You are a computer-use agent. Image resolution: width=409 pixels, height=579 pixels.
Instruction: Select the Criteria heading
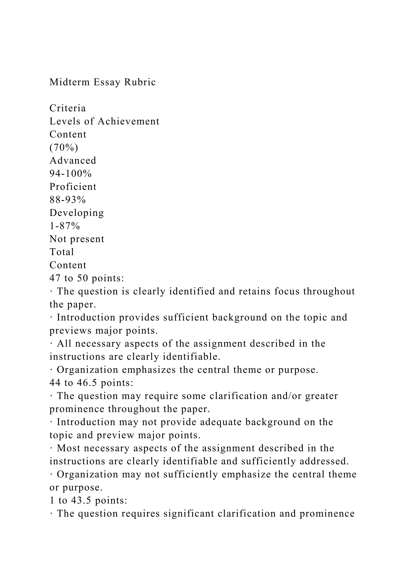click(x=68, y=108)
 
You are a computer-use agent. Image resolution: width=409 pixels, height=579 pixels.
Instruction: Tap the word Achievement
click(x=128, y=121)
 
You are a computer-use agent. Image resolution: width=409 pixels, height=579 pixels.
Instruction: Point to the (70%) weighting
click(x=64, y=148)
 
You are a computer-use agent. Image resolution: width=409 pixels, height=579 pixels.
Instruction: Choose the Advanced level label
click(x=73, y=160)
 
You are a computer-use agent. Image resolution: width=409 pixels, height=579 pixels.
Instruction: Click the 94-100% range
click(x=70, y=174)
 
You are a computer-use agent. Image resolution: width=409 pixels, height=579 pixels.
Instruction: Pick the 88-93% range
click(x=68, y=200)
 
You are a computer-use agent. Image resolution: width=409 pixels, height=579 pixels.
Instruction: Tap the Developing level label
click(x=76, y=213)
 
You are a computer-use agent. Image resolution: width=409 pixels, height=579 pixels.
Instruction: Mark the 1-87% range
click(x=65, y=226)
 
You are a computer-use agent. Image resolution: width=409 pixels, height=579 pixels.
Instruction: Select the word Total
click(x=62, y=252)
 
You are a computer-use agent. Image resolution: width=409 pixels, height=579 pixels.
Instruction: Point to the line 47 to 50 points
click(x=87, y=278)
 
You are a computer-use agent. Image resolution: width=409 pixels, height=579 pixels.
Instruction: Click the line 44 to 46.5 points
click(x=91, y=383)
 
